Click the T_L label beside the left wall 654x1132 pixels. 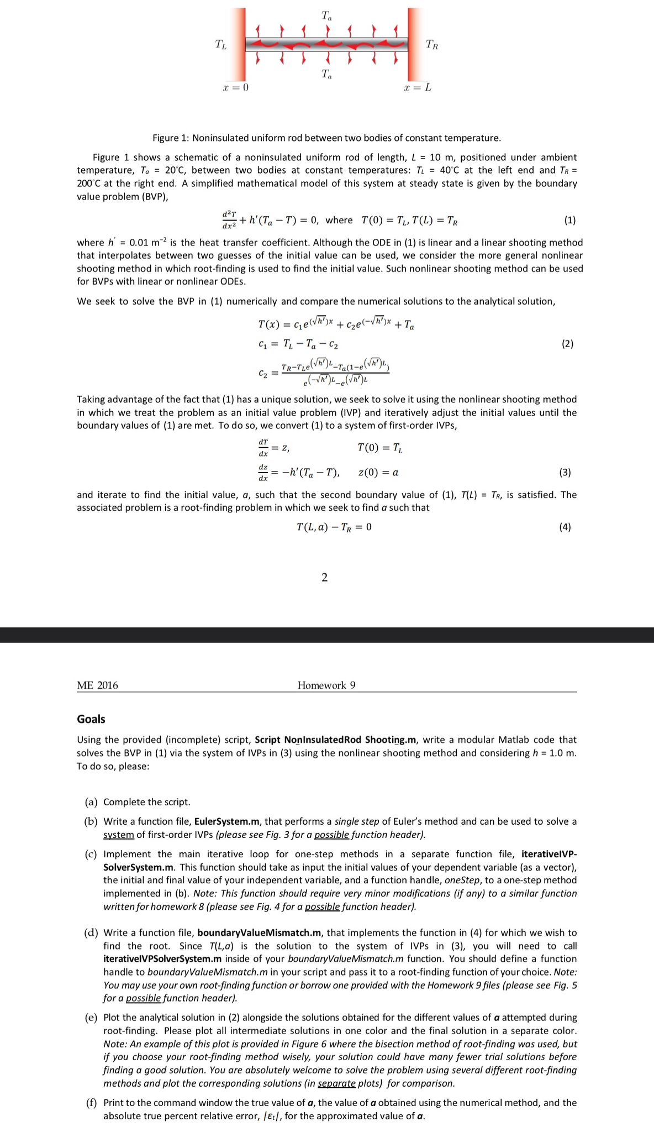pos(220,45)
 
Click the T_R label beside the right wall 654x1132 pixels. pos(433,45)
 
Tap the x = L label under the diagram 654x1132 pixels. pos(418,88)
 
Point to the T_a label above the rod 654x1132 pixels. pos(327,16)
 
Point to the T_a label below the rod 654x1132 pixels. pos(327,74)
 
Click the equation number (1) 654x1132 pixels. pos(570,220)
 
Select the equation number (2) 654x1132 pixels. pos(567,344)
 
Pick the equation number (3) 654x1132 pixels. pos(565,473)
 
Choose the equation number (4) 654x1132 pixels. pos(565,527)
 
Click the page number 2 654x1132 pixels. pos(324,578)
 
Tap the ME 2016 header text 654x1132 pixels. pos(97,685)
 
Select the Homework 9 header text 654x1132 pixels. pos(326,685)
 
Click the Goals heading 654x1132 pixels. pos(91,719)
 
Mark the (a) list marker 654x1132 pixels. pos(92,802)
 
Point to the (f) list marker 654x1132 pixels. pos(91,1103)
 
